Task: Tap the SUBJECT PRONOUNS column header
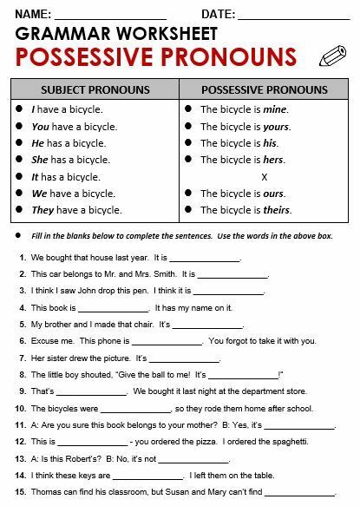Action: [x=95, y=90]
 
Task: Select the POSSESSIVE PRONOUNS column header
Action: [x=264, y=90]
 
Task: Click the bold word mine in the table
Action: [x=274, y=110]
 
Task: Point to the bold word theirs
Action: [x=277, y=209]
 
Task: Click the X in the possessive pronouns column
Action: [x=264, y=176]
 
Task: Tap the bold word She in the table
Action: [x=39, y=160]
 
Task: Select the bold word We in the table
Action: [x=39, y=193]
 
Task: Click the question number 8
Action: [x=21, y=375]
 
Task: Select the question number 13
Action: [x=19, y=458]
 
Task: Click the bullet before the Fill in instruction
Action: [x=18, y=236]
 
